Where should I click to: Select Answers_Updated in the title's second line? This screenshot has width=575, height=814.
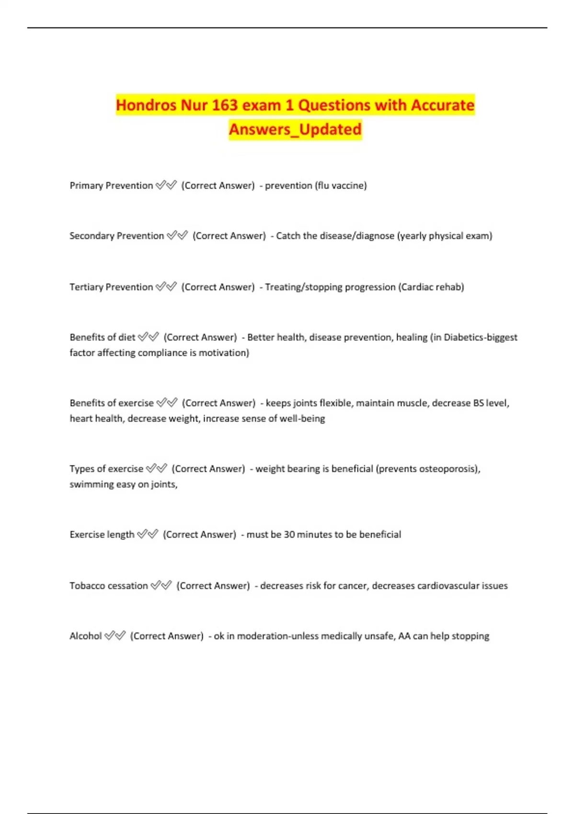click(295, 129)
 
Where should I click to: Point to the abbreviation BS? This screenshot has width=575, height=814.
click(478, 403)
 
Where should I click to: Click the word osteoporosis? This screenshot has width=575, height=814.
click(448, 469)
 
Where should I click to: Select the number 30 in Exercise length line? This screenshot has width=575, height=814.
click(289, 534)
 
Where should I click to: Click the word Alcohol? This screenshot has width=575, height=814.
click(86, 636)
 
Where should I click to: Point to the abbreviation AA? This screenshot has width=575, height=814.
click(404, 636)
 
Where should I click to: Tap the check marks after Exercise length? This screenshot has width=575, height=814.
click(148, 534)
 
